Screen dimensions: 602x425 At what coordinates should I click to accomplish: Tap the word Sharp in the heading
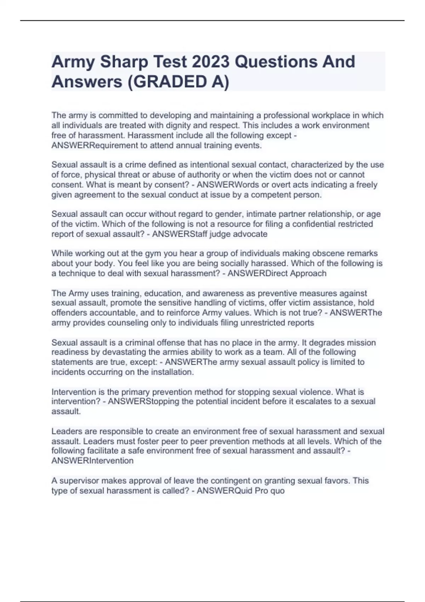click(124, 62)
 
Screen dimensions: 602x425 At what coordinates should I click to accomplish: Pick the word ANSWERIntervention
click(92, 460)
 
